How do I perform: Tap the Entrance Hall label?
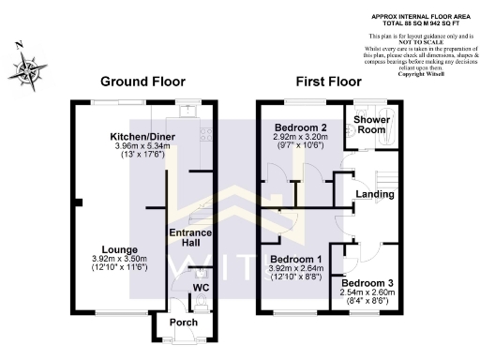189,238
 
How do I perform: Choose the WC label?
201,287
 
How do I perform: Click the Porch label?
183,323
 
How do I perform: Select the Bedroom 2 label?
300,127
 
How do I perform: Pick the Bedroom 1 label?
295,259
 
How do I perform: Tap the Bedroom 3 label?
367,282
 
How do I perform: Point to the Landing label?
374,195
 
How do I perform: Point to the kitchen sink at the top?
189,110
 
